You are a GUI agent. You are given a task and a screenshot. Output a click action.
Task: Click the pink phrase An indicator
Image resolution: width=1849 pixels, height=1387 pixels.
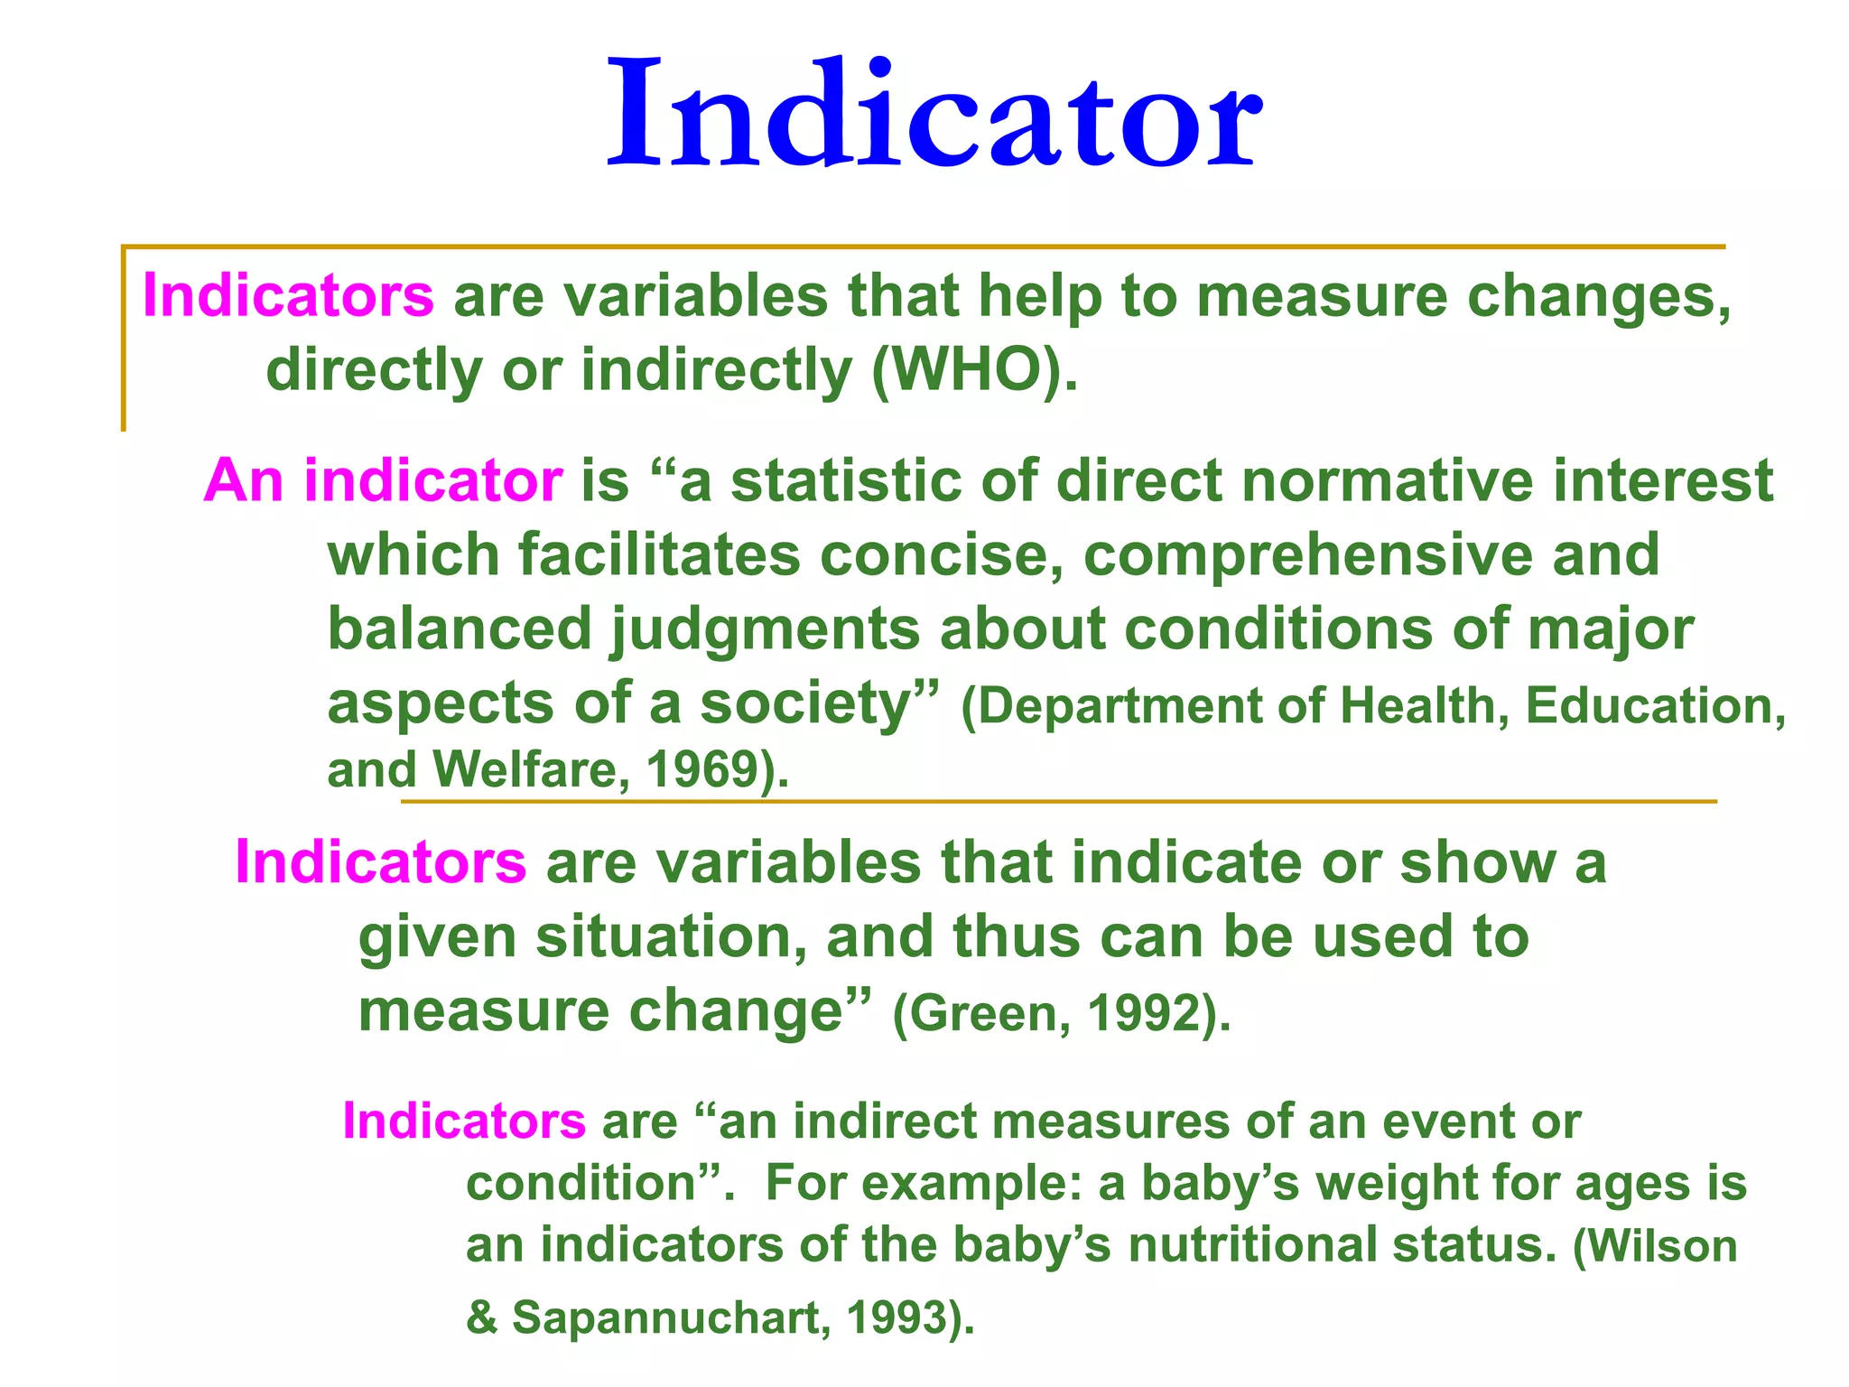pyautogui.click(x=383, y=480)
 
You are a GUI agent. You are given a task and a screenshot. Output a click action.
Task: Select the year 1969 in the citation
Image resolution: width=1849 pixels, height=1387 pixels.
pyautogui.click(x=702, y=770)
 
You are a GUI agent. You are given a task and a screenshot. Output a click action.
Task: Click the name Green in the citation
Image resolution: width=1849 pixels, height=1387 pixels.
pyautogui.click(x=979, y=1013)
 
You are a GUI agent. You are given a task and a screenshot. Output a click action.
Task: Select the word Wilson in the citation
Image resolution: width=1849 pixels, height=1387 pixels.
pyautogui.click(x=1661, y=1246)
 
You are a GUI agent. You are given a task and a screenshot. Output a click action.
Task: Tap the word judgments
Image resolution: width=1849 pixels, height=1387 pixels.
pyautogui.click(x=766, y=630)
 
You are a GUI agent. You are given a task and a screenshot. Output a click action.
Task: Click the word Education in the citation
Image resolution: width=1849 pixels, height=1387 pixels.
pyautogui.click(x=1649, y=706)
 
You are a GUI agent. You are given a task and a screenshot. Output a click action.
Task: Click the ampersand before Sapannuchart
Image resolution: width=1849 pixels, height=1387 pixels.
pyautogui.click(x=482, y=1317)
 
